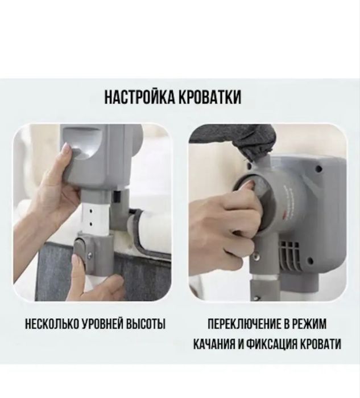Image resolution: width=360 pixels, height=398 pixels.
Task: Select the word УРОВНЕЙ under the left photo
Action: (x=105, y=325)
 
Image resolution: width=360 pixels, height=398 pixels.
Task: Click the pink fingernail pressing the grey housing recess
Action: (x=66, y=150)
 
